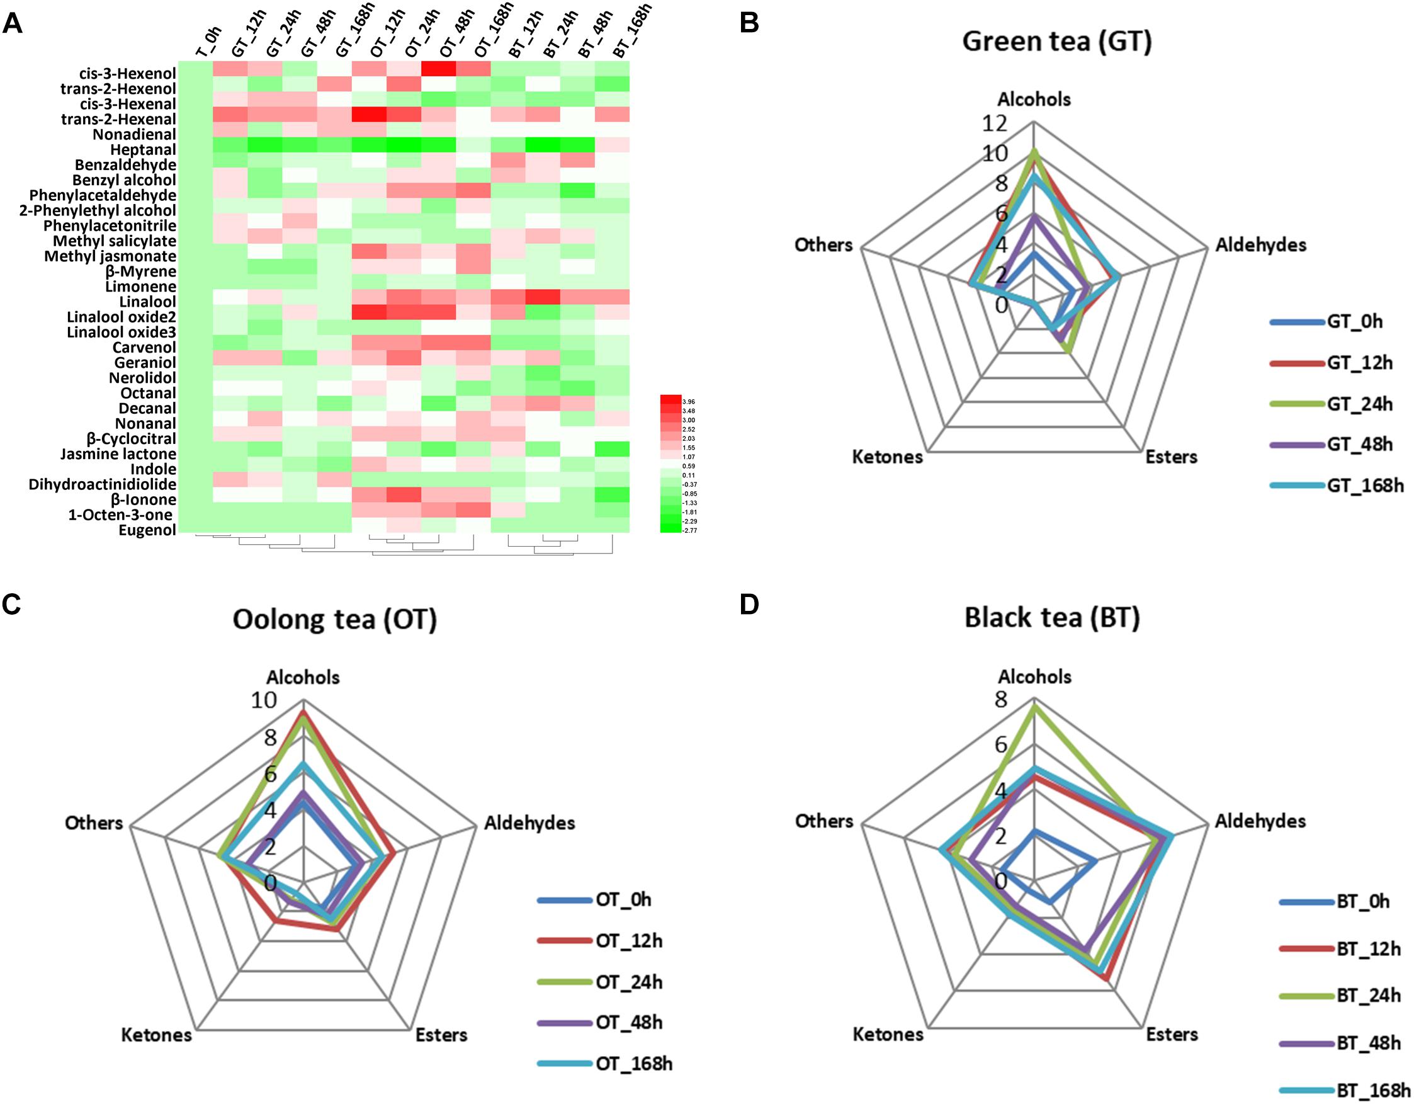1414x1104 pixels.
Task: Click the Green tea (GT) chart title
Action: (1056, 42)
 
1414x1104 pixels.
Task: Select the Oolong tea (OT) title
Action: (335, 620)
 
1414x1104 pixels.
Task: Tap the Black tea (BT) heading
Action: (1052, 618)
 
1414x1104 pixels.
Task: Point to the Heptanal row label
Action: (143, 150)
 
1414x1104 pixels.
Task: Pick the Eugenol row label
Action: (147, 530)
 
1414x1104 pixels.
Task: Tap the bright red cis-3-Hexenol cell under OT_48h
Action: (438, 68)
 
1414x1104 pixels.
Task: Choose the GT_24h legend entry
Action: (1360, 404)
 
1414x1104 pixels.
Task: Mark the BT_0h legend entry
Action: (1363, 902)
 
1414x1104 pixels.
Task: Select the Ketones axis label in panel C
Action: (157, 1035)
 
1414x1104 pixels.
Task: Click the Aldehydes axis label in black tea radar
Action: (1260, 821)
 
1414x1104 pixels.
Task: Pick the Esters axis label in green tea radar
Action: (1171, 457)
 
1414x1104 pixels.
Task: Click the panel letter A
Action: (13, 24)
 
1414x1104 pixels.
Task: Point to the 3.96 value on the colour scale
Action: (687, 401)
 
